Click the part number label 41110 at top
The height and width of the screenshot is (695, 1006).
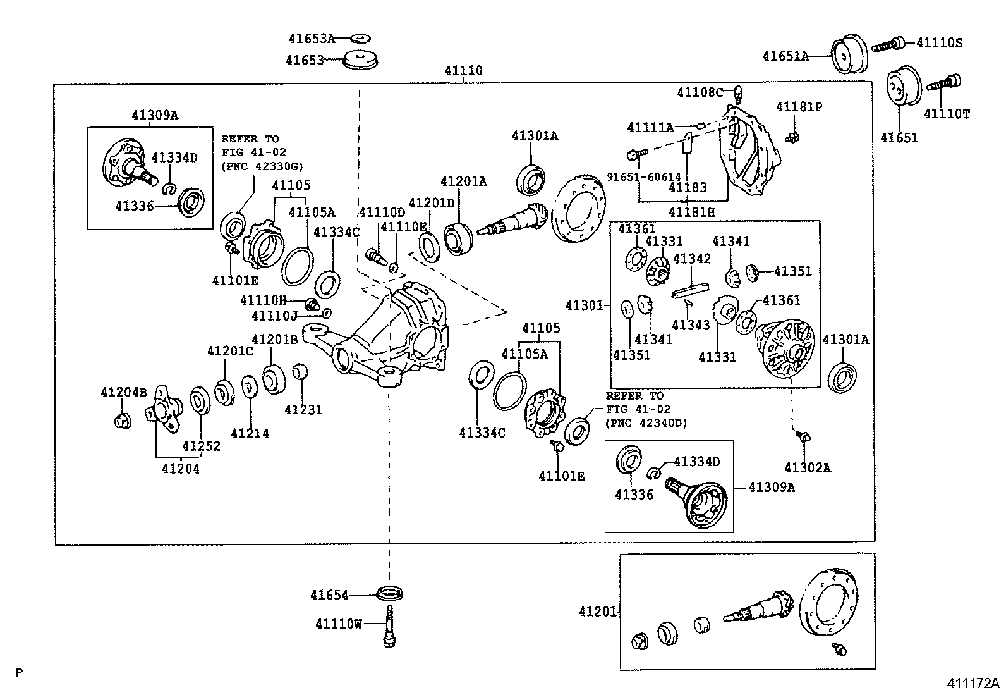pyautogui.click(x=463, y=71)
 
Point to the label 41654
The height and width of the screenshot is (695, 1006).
pyautogui.click(x=329, y=595)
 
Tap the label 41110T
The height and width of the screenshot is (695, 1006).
pyautogui.click(x=947, y=114)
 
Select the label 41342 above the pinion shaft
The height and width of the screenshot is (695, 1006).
pyautogui.click(x=692, y=259)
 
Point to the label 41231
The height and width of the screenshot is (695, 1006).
pyautogui.click(x=303, y=410)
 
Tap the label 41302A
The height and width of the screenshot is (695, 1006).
pyautogui.click(x=807, y=468)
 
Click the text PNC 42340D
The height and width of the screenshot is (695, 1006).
pyautogui.click(x=646, y=423)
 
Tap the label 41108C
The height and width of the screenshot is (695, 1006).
pyautogui.click(x=699, y=92)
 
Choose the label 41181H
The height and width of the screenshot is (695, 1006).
pyautogui.click(x=692, y=213)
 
